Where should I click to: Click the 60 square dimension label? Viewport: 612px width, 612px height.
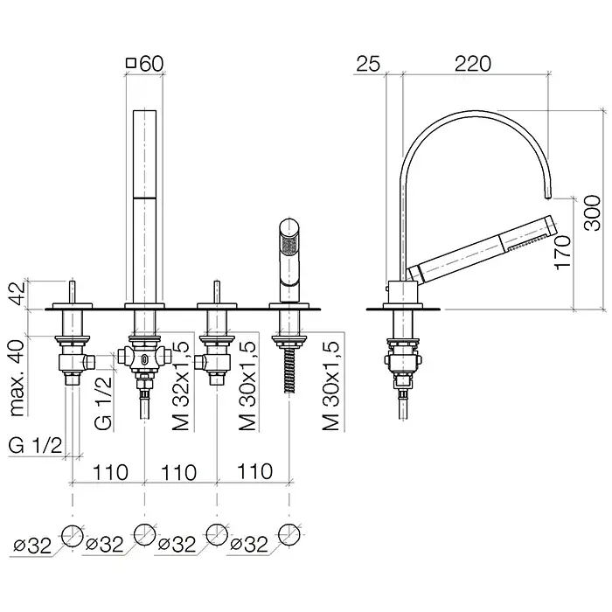145,64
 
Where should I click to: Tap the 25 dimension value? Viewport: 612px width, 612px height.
368,64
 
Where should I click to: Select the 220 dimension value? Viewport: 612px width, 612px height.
473,64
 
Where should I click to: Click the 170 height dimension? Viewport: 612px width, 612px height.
562,252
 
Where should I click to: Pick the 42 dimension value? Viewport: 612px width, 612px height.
17,295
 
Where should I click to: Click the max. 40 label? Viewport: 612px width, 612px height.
17,378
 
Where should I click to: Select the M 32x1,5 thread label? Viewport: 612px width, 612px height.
180,386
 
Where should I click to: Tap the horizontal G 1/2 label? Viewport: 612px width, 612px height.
35,445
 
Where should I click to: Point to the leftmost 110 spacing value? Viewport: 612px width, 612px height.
110,472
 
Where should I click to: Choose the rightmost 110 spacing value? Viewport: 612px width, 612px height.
255,471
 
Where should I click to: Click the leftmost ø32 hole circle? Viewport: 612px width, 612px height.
73,535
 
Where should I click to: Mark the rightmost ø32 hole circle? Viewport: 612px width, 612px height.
289,534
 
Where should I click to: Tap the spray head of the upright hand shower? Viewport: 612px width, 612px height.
289,246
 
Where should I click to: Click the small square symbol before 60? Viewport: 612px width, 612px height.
131,62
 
